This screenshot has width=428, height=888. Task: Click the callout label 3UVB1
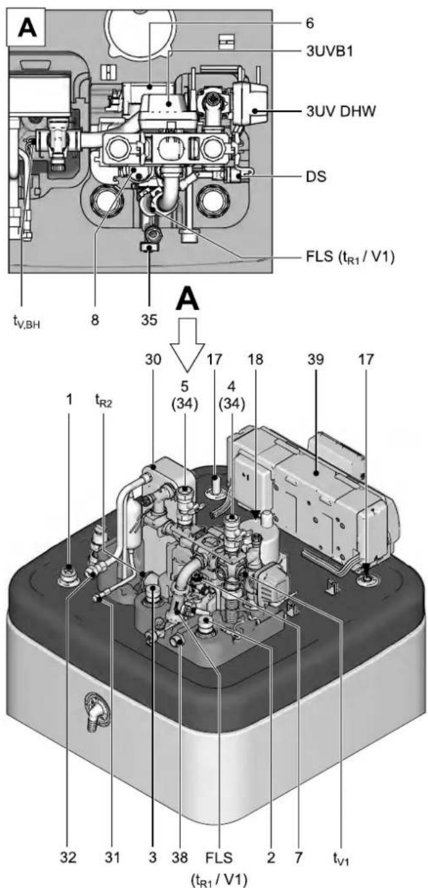click(x=329, y=51)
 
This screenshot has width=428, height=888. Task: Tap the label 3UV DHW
click(x=340, y=111)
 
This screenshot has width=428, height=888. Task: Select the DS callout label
click(x=316, y=176)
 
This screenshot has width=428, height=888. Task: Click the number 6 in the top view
click(x=310, y=23)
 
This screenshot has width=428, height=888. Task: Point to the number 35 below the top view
click(x=149, y=320)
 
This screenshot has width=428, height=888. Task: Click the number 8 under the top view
click(x=95, y=320)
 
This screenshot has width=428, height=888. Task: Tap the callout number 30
click(x=153, y=359)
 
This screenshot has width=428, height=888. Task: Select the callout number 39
click(x=316, y=359)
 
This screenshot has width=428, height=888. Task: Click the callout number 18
click(x=256, y=359)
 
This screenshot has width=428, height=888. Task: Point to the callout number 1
click(x=70, y=400)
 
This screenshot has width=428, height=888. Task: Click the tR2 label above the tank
click(x=103, y=401)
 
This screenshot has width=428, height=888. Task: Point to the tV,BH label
click(x=27, y=322)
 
